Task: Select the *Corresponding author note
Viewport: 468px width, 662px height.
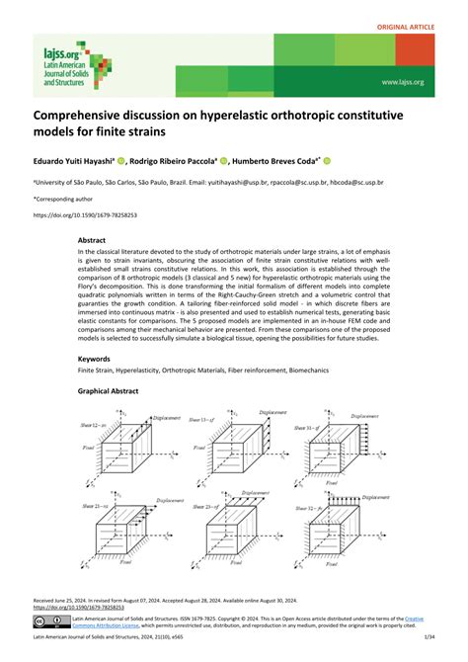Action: click(x=68, y=199)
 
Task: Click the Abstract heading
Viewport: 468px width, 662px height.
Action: click(x=92, y=240)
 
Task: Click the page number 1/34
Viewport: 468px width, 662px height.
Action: click(x=424, y=645)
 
